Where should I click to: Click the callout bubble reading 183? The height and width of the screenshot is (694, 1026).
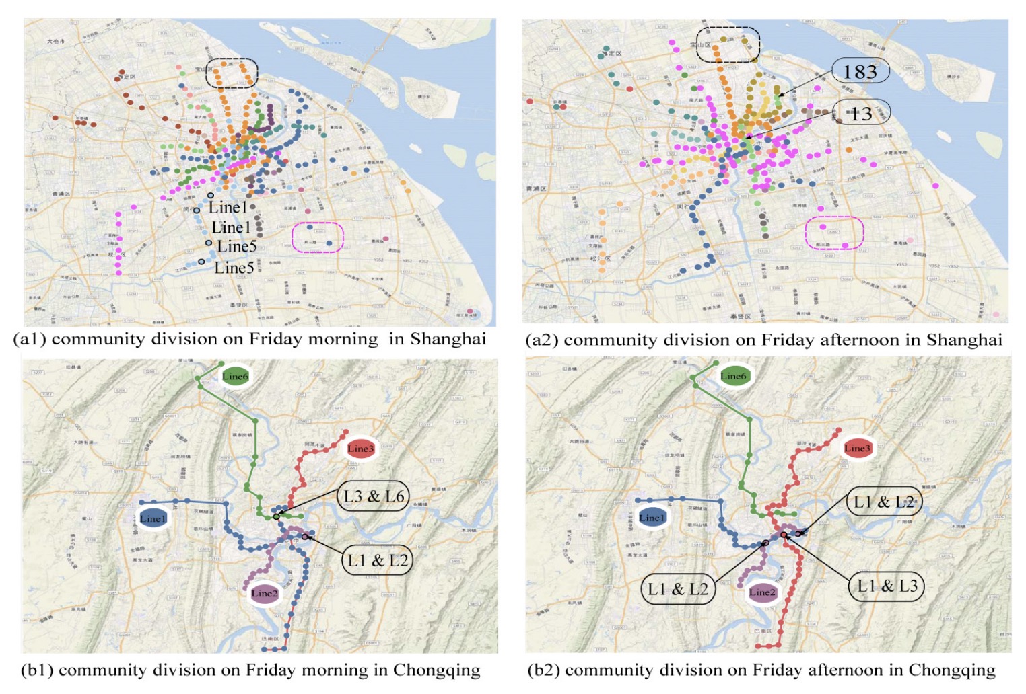[860, 71]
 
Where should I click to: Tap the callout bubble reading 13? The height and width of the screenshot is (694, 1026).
[861, 113]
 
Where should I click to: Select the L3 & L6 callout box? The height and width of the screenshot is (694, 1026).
[374, 497]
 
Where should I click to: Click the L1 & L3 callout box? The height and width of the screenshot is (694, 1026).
[887, 586]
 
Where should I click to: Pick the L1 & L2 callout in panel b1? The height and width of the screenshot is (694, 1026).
[377, 560]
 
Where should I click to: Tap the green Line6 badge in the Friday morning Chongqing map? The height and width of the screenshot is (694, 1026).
[235, 376]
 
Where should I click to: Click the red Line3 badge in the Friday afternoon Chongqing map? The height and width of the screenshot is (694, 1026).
[857, 448]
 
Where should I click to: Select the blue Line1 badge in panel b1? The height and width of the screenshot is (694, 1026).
[152, 518]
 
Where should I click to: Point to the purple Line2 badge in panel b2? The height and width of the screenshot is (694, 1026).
[762, 592]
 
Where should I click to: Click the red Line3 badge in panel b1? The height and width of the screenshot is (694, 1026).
[360, 449]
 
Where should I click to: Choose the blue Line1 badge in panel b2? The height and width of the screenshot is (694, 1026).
[652, 518]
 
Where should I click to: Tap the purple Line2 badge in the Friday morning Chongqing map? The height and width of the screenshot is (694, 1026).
[264, 593]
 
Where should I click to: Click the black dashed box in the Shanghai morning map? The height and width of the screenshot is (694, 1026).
[232, 73]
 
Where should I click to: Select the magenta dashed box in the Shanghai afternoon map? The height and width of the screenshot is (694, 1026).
[835, 233]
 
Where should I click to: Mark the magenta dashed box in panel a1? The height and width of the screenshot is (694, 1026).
[318, 237]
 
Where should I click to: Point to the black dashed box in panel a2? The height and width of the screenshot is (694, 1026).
[728, 44]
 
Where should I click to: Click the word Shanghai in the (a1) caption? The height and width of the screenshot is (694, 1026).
[448, 338]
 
